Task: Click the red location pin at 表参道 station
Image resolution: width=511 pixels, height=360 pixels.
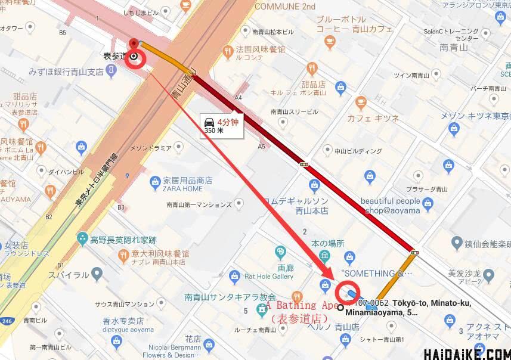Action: coord(134,44)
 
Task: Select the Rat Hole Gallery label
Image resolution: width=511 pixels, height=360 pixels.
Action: coord(268,276)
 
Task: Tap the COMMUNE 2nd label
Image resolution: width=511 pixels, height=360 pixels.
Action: coord(284,7)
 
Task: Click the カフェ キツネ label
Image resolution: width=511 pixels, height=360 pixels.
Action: coord(374,118)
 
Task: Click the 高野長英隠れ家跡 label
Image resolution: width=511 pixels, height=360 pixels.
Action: coord(124,240)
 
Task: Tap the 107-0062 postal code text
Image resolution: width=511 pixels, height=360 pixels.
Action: coord(374,303)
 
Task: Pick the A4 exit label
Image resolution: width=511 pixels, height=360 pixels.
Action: coord(239,97)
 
